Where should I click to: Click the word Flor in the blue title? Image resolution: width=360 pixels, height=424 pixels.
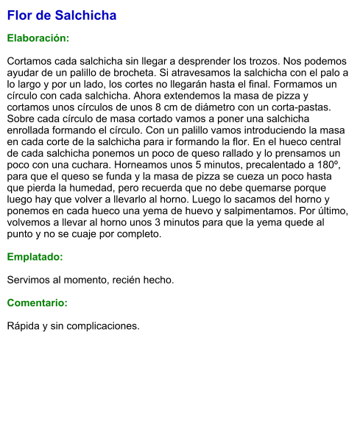pos(20,15)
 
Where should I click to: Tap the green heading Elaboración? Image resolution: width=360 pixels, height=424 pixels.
pos(38,38)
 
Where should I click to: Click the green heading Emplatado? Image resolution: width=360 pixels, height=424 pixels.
pos(35,257)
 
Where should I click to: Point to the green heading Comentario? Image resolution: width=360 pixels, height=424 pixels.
pos(37,303)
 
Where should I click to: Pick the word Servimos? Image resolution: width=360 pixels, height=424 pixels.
pos(30,280)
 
